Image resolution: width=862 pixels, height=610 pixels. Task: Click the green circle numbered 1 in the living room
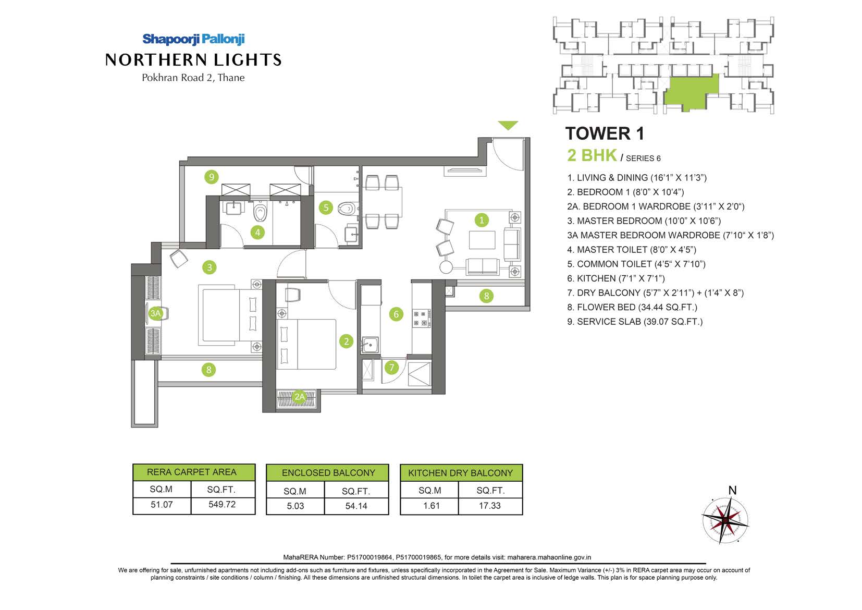pyautogui.click(x=481, y=220)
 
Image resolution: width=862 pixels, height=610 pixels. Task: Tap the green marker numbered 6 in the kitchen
pyautogui.click(x=396, y=314)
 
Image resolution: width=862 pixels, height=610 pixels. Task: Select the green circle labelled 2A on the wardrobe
pyautogui.click(x=299, y=397)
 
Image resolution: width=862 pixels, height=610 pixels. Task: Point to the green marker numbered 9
pyautogui.click(x=211, y=177)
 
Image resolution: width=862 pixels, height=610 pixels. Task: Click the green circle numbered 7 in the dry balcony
pyautogui.click(x=391, y=367)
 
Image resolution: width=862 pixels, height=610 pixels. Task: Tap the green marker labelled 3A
pyautogui.click(x=155, y=313)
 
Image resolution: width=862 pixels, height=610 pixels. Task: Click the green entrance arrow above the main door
pyautogui.click(x=508, y=125)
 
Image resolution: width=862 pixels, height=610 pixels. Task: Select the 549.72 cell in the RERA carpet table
pyautogui.click(x=222, y=504)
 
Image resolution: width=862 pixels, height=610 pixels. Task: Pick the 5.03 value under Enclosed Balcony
pyautogui.click(x=295, y=506)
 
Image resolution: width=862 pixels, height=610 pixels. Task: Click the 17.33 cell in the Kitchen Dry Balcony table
pyautogui.click(x=489, y=506)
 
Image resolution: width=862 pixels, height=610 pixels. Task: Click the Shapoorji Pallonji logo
pyautogui.click(x=193, y=39)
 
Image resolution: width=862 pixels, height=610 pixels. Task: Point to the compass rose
pyautogui.click(x=725, y=520)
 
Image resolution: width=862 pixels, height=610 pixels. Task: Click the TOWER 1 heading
pyautogui.click(x=604, y=133)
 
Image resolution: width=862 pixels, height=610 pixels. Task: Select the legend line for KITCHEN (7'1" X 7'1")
pyautogui.click(x=615, y=278)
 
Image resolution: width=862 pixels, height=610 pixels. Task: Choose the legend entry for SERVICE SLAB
pyautogui.click(x=635, y=321)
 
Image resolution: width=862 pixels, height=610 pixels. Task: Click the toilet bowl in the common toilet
pyautogui.click(x=347, y=209)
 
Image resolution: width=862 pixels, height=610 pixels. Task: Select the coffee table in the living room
pyautogui.click(x=482, y=240)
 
